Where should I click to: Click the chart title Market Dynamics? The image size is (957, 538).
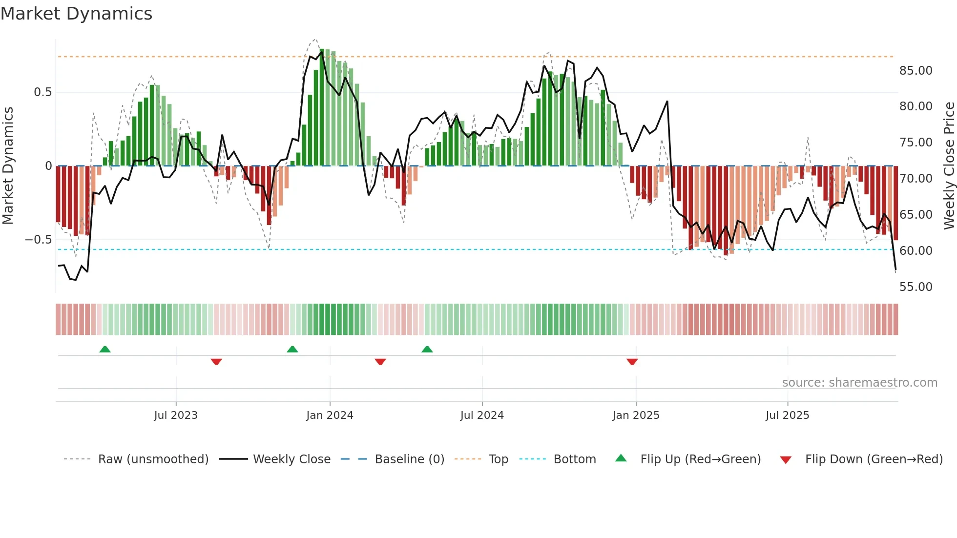pyautogui.click(x=76, y=14)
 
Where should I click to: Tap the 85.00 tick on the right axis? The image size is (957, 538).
pyautogui.click(x=915, y=71)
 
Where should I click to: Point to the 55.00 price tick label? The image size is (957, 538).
pyautogui.click(x=915, y=287)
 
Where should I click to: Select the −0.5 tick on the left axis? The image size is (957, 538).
pyautogui.click(x=38, y=240)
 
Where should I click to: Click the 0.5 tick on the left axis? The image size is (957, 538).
pyautogui.click(x=42, y=92)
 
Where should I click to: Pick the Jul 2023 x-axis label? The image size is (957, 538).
pyautogui.click(x=176, y=415)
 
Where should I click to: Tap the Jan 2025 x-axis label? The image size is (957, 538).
pyautogui.click(x=636, y=415)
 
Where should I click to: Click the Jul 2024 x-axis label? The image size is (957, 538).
pyautogui.click(x=482, y=415)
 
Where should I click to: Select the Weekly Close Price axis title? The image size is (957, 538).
pyautogui.click(x=949, y=166)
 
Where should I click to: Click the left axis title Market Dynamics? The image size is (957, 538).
pyautogui.click(x=8, y=166)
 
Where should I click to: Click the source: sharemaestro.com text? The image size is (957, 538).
pyautogui.click(x=859, y=383)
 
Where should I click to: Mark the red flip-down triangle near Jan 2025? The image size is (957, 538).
pyautogui.click(x=632, y=362)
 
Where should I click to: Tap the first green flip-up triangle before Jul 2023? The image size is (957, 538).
pyautogui.click(x=105, y=349)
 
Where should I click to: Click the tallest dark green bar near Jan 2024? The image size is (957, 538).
pyautogui.click(x=322, y=107)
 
